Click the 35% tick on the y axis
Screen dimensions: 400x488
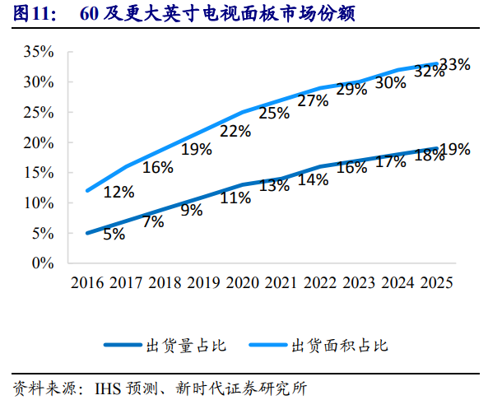pyautogui.click(x=39, y=52)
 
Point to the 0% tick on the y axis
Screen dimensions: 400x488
pyautogui.click(x=43, y=263)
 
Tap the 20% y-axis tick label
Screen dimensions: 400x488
pyautogui.click(x=39, y=142)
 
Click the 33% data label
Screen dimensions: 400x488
pyautogui.click(x=454, y=64)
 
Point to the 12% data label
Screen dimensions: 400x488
pyautogui.click(x=119, y=193)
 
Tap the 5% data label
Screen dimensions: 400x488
pyautogui.click(x=114, y=234)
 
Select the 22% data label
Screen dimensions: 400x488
pyautogui.click(x=235, y=132)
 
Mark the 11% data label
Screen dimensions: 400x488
pyautogui.click(x=235, y=198)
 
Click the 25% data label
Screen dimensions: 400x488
pyautogui.click(x=274, y=114)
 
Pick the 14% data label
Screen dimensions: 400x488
pyautogui.click(x=313, y=180)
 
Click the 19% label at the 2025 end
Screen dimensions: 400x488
pyautogui.click(x=454, y=149)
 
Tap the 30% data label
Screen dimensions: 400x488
pyautogui.click(x=390, y=83)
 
